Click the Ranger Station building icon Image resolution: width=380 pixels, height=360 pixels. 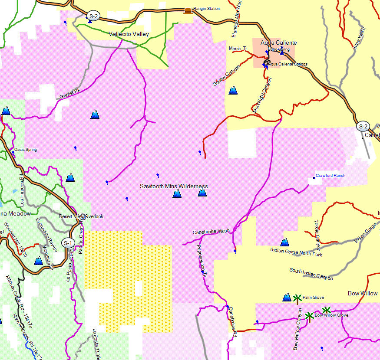click(188, 10)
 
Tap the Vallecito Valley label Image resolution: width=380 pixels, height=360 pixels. click(129, 34)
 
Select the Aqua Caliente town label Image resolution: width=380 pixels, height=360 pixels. click(278, 43)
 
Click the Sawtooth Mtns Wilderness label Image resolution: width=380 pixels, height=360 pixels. click(174, 186)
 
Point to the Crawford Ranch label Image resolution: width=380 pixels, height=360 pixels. click(330, 176)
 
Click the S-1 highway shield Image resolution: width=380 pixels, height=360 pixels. click(68, 243)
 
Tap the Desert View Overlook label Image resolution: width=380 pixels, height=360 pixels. click(81, 216)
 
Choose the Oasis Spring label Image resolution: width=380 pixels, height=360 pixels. click(26, 150)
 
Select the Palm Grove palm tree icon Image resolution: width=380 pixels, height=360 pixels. click(297, 298)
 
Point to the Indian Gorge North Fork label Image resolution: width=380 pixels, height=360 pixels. click(296, 252)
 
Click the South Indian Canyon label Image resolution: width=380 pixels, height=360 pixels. click(311, 274)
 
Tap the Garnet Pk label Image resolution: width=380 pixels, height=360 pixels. click(70, 93)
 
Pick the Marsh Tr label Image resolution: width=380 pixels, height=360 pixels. click(238, 49)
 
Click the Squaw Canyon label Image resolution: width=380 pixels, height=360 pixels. click(226, 75)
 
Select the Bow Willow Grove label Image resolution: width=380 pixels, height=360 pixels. click(331, 315)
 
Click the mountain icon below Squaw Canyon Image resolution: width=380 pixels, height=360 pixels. click(233, 90)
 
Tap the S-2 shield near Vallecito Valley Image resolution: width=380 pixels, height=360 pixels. click(93, 16)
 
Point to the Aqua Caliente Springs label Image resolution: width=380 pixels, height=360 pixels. click(287, 64)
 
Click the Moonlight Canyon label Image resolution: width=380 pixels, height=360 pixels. click(262, 95)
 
